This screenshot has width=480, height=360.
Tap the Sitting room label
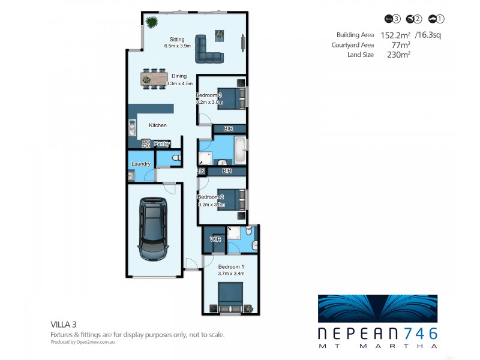(177, 39)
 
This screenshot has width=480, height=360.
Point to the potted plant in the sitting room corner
(151, 23)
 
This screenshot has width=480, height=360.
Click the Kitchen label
(158, 125)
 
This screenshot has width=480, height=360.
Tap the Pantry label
(162, 144)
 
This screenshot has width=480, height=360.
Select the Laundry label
(141, 163)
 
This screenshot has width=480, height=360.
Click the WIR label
(215, 239)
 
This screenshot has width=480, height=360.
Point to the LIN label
(201, 171)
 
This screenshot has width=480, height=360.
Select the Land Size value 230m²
(399, 55)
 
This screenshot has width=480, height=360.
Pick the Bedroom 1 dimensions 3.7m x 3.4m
(231, 273)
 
